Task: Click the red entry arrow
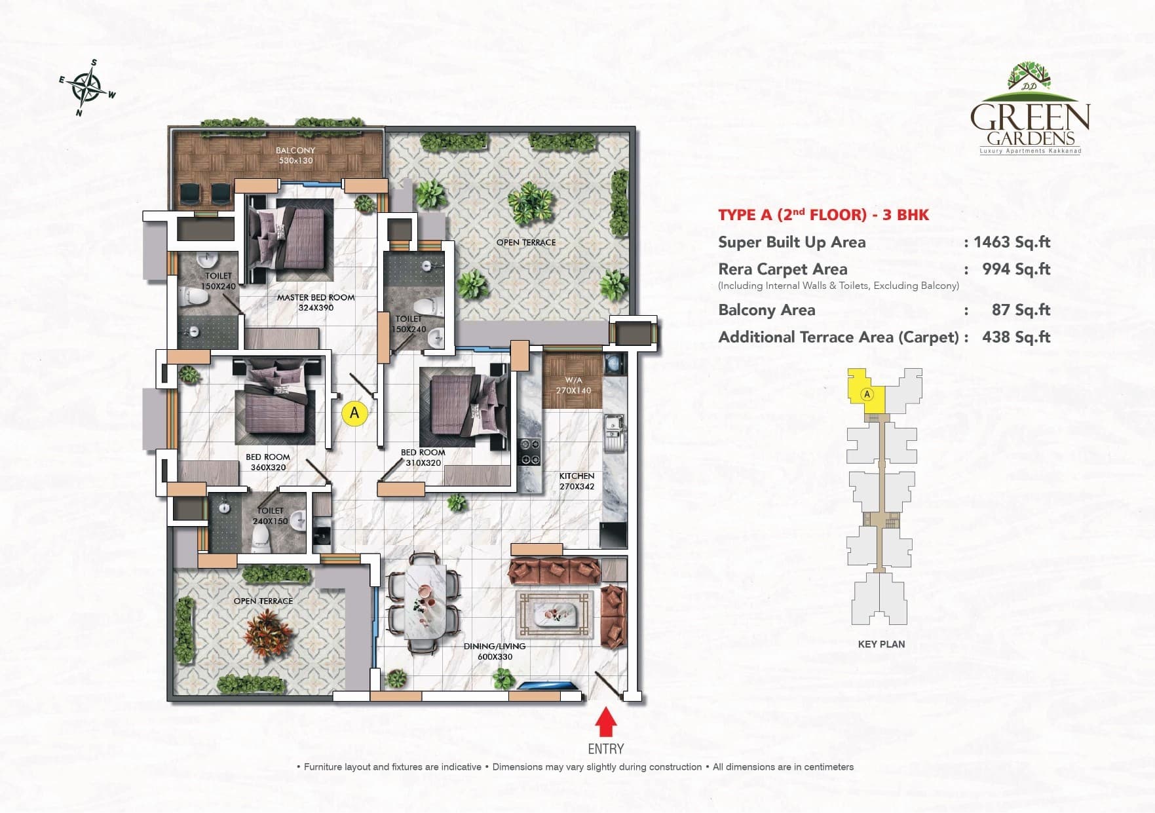(x=606, y=725)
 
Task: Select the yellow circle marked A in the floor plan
(x=354, y=413)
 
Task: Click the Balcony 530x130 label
(x=295, y=155)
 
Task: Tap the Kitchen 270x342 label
(x=577, y=481)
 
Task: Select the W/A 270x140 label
(x=573, y=385)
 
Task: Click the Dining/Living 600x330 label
(x=495, y=651)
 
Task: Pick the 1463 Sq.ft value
(x=1012, y=242)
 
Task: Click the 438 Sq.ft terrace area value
(x=1015, y=337)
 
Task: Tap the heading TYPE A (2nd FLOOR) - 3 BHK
(x=824, y=215)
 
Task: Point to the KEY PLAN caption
(x=881, y=644)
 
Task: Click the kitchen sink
(x=614, y=432)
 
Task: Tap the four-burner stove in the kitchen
(x=529, y=451)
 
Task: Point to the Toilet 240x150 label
(x=270, y=516)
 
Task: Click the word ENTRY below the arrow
(x=605, y=749)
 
